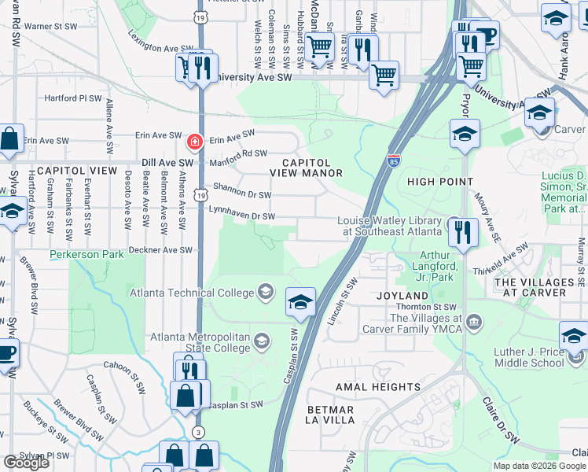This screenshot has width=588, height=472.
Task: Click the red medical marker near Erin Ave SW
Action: coord(193,142)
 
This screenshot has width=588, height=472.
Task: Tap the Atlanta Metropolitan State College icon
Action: coord(261,340)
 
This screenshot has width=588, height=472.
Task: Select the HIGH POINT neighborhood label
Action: coord(437,182)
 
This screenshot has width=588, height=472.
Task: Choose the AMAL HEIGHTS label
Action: coord(378,387)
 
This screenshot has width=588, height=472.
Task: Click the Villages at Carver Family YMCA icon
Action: coord(474,321)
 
